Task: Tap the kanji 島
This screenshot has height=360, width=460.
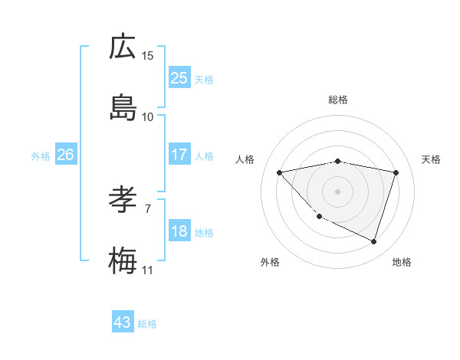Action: tap(123, 108)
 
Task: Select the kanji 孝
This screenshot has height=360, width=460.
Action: tap(123, 201)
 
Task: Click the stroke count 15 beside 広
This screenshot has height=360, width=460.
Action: tap(148, 56)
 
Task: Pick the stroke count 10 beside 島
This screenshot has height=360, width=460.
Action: tap(148, 117)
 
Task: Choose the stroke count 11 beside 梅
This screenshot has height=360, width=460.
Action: tap(148, 270)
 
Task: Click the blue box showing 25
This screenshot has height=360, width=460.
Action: tap(179, 78)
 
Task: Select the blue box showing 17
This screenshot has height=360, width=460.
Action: tap(179, 155)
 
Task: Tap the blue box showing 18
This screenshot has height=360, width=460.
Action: tap(179, 231)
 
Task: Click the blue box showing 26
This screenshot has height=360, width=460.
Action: tap(66, 155)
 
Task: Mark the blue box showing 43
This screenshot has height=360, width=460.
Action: tap(123, 322)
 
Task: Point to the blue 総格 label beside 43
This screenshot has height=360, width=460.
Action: tap(147, 324)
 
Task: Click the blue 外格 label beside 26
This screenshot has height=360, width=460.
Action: tap(41, 156)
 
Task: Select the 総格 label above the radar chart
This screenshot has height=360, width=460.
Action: tap(338, 100)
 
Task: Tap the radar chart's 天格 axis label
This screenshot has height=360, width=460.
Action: tap(431, 159)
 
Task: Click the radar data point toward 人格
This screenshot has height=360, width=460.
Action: tap(280, 172)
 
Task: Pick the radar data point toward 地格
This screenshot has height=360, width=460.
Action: tap(373, 241)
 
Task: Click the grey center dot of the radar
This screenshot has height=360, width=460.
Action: tap(338, 191)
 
